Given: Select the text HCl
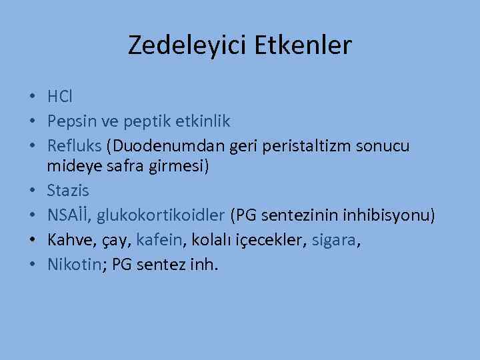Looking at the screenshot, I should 60,97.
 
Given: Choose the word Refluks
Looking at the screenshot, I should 75,145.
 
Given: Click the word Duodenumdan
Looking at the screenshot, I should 153,145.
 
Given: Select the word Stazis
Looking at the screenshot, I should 67,191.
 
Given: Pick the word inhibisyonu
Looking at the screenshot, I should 388,215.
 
